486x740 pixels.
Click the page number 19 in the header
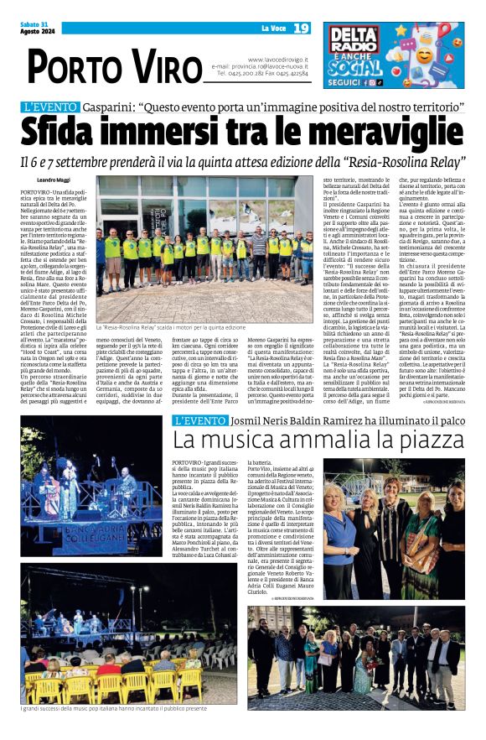click(302, 29)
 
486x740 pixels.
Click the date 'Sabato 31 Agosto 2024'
click(34, 28)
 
